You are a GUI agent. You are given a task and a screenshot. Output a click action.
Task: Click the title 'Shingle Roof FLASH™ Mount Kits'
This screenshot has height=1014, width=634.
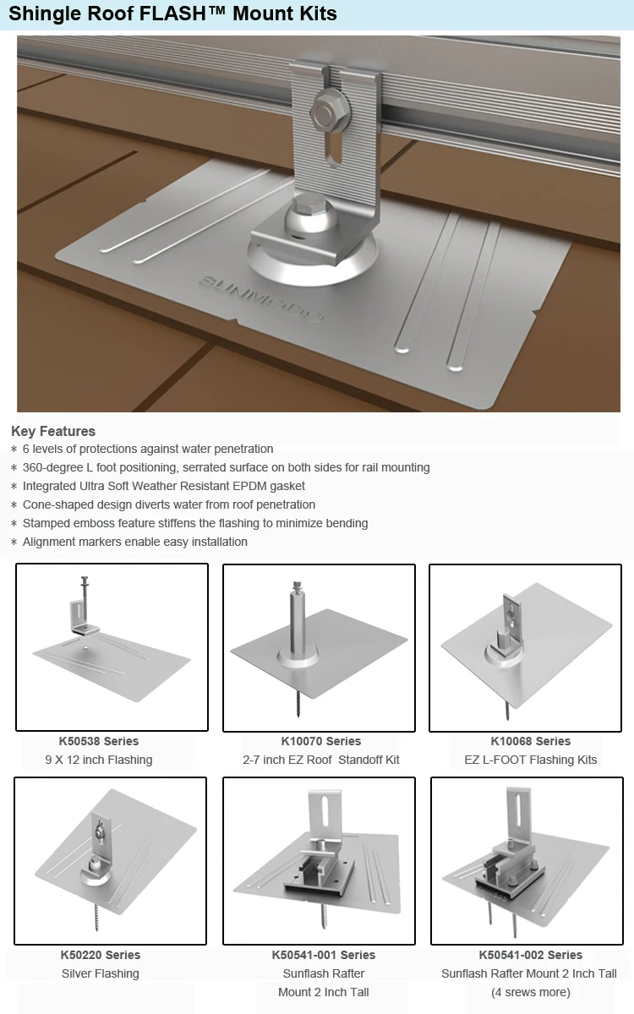[173, 14]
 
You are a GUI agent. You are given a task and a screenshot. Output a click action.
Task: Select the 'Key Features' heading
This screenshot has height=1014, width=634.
[53, 431]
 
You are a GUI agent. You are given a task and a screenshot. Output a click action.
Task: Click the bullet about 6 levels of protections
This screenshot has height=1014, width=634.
[148, 449]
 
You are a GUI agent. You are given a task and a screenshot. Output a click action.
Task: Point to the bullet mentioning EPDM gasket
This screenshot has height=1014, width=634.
[164, 486]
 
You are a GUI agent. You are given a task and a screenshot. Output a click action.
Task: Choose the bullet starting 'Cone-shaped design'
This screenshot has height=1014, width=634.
[169, 504]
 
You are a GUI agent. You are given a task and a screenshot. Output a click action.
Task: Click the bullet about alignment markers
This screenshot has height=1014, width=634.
[135, 542]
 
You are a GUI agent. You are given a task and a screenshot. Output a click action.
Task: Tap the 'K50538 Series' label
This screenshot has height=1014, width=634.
[99, 741]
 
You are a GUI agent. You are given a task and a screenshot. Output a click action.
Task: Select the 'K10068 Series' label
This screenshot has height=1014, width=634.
[531, 741]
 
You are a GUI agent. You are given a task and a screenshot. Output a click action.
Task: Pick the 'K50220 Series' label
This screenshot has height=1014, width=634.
[101, 955]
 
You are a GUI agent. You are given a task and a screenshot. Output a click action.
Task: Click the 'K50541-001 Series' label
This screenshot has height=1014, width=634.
[324, 955]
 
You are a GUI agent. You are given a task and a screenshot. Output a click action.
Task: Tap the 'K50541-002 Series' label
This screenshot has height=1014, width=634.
[531, 955]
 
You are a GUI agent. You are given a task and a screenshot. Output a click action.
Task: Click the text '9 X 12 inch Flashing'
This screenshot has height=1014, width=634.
[99, 760]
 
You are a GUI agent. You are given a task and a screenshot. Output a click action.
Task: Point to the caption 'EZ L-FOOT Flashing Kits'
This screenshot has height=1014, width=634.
[531, 760]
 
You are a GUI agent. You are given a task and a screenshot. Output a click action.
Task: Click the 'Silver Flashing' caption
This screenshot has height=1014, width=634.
[101, 973]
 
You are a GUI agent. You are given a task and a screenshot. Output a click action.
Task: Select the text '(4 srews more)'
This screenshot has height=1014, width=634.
[531, 992]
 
